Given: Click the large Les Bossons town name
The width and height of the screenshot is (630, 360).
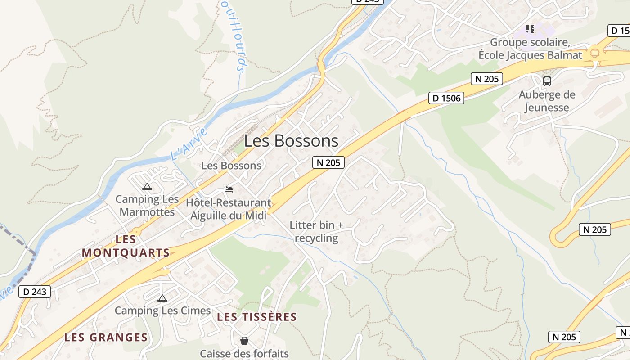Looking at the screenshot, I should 291,141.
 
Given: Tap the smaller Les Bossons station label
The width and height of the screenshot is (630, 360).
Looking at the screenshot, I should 231,166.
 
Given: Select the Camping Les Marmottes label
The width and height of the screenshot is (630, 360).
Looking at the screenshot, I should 147,205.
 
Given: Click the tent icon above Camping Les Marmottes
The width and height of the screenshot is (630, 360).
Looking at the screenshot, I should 147,187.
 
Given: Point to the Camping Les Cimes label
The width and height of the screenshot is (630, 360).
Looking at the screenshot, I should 162,310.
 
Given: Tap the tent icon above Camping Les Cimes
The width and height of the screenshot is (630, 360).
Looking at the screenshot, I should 162,298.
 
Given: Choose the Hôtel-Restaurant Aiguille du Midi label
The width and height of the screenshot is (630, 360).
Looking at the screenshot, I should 229,209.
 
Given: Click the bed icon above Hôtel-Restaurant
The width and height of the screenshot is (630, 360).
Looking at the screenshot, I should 229,189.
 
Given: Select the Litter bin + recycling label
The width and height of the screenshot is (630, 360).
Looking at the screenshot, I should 316,231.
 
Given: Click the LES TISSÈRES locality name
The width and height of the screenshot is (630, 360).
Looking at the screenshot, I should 257,317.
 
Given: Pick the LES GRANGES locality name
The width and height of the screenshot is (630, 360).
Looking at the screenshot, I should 106,337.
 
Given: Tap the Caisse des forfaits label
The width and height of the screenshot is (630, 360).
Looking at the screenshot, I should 244,353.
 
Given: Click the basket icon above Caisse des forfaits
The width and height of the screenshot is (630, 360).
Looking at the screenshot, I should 244,341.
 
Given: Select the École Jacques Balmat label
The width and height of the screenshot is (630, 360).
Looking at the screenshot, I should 530,55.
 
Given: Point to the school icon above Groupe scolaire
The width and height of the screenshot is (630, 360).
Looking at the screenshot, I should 530,29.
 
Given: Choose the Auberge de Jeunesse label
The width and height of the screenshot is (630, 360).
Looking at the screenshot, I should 547,101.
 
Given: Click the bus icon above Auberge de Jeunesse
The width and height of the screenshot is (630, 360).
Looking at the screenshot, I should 547,81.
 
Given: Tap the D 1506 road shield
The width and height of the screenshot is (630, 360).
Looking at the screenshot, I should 446,98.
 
